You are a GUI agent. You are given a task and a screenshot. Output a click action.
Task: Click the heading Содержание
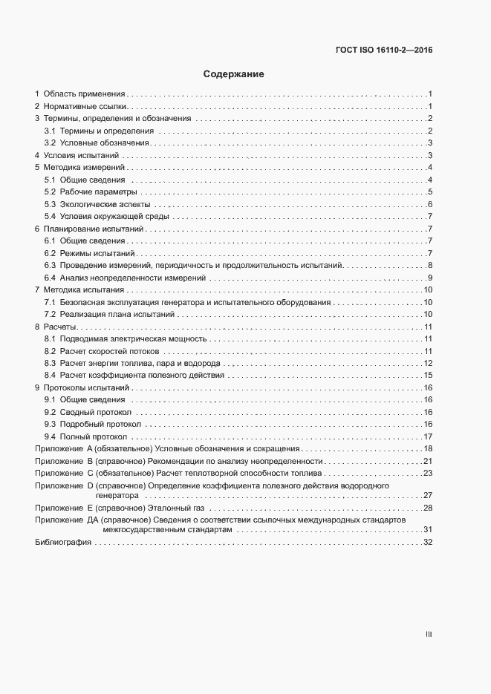point(234,74)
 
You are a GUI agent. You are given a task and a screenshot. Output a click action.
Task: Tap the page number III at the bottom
point(429,634)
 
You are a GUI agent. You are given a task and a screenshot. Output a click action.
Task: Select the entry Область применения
point(84,94)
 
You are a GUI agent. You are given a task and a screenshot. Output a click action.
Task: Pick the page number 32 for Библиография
point(428,543)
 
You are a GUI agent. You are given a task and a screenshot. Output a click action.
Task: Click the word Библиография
point(63,543)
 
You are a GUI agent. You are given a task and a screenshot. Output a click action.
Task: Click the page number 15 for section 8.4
point(428,375)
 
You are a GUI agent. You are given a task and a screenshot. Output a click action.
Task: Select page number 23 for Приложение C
point(428,472)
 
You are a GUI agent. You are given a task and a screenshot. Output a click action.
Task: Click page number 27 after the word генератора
point(428,494)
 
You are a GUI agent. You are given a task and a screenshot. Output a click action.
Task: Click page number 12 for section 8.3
point(428,363)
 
